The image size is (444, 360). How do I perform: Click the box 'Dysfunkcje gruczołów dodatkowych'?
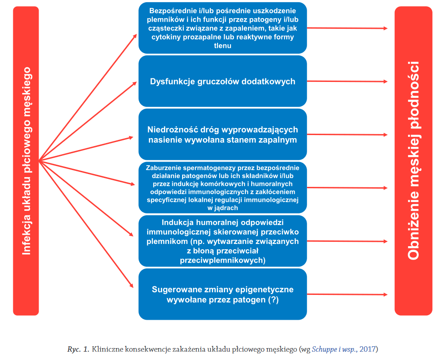point(222,81)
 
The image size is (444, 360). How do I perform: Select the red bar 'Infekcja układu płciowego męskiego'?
point(26,161)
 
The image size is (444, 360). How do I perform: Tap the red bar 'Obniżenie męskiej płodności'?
point(413,161)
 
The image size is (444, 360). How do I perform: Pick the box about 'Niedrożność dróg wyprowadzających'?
point(222,135)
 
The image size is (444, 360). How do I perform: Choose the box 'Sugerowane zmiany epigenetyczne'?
point(222,294)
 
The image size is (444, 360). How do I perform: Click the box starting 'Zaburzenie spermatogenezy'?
point(222,188)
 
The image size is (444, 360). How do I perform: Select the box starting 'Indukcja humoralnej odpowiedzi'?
point(222,241)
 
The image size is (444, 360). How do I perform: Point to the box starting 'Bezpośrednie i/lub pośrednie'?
point(222,28)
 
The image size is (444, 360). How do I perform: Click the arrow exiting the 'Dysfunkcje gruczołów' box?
point(347,81)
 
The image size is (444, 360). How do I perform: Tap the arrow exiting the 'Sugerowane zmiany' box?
point(347,294)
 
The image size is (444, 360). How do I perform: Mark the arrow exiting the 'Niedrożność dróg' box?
point(347,135)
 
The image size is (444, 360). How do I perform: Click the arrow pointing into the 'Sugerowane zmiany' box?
point(86,224)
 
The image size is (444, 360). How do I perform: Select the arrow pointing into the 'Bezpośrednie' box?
point(88,97)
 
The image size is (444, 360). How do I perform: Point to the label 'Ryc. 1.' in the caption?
point(78,349)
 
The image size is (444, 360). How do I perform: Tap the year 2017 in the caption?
point(367,349)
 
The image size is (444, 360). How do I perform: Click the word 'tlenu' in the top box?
point(222,46)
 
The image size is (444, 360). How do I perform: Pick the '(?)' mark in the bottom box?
point(273,300)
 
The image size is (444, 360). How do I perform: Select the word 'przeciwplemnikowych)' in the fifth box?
point(222,260)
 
